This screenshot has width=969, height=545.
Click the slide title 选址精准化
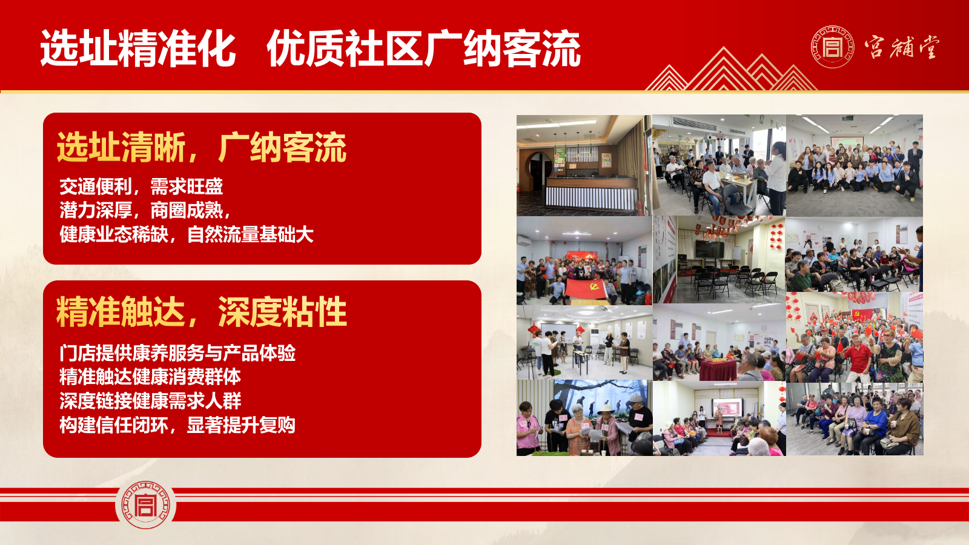point(138,48)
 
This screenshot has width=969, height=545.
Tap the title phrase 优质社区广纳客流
point(423,48)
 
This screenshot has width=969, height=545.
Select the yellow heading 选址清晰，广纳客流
point(202,148)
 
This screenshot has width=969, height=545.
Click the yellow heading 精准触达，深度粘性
point(202,312)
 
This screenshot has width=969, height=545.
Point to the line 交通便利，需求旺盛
point(141,187)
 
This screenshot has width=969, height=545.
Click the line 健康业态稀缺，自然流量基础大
point(187,234)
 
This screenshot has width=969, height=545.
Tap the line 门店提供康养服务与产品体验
point(177,354)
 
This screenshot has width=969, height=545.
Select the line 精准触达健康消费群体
point(150,377)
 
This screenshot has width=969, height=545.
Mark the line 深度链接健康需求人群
point(150,401)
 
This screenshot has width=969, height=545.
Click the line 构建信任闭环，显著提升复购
point(177,425)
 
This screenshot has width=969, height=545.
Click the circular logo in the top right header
point(832,47)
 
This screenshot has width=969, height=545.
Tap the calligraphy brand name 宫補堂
point(902,47)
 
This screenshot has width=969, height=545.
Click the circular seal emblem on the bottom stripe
point(145,505)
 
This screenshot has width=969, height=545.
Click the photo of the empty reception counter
point(584,165)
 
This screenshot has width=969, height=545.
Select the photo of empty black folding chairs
point(718,260)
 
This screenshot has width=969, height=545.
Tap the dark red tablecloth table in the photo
point(718,370)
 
